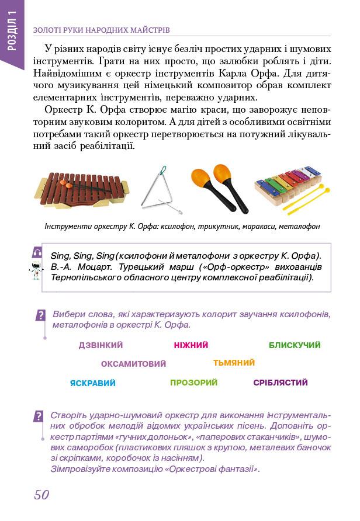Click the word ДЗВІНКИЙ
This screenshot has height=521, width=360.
(101, 345)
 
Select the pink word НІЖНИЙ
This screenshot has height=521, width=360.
(191, 345)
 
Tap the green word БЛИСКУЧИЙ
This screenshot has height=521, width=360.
(295, 345)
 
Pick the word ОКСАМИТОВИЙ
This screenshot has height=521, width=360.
(133, 364)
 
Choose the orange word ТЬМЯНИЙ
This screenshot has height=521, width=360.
(234, 363)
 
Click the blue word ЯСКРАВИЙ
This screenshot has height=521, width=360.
(92, 383)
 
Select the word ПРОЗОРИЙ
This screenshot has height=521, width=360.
(193, 383)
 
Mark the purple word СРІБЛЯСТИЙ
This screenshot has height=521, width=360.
(281, 383)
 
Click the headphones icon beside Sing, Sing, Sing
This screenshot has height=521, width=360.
(38, 252)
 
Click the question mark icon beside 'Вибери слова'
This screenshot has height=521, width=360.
(40, 315)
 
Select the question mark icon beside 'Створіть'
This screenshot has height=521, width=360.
(39, 416)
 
